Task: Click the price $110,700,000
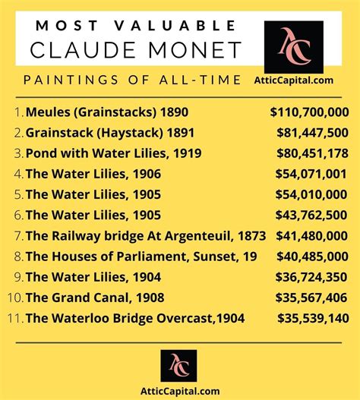coord(309,112)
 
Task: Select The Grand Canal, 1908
coord(95,298)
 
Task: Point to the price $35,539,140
coord(313,318)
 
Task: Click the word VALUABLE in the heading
coord(173,26)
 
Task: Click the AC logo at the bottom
coord(179,364)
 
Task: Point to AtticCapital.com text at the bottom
coord(179,391)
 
